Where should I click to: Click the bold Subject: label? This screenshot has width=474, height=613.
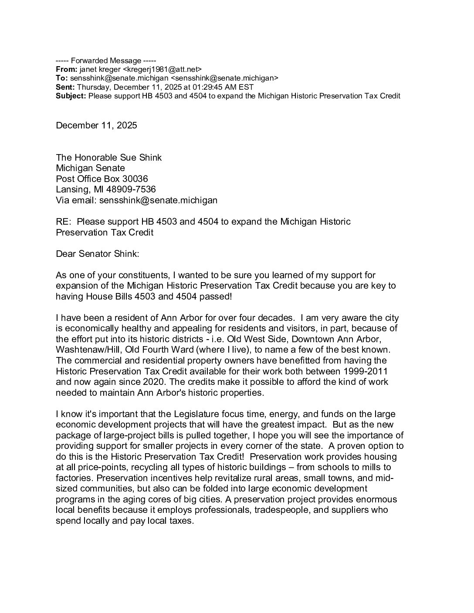71,96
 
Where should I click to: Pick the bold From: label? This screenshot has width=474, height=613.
67,69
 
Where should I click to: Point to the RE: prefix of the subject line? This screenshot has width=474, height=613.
64,222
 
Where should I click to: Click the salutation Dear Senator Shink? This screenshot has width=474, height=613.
98,254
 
